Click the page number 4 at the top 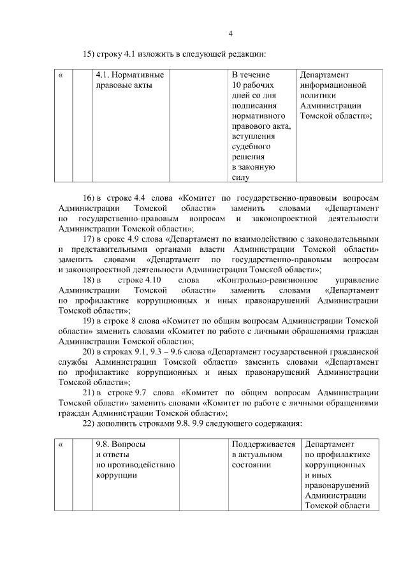231,34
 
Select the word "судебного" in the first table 249,146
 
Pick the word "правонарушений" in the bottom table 337,485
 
